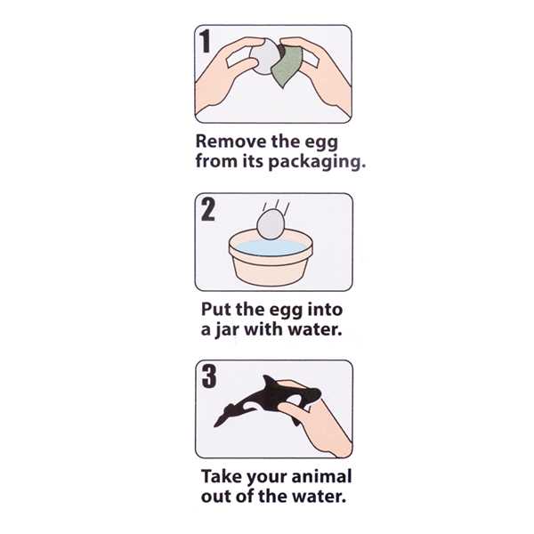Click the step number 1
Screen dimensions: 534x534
click(x=205, y=41)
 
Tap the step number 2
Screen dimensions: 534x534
click(x=208, y=209)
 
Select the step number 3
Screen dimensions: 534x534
click(x=209, y=376)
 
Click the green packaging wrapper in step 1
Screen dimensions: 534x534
click(x=287, y=67)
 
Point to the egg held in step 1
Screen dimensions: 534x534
click(x=265, y=57)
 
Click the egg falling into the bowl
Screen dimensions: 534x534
click(x=271, y=225)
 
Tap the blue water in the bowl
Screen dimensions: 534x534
click(x=271, y=248)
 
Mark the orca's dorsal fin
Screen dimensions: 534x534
click(x=271, y=383)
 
